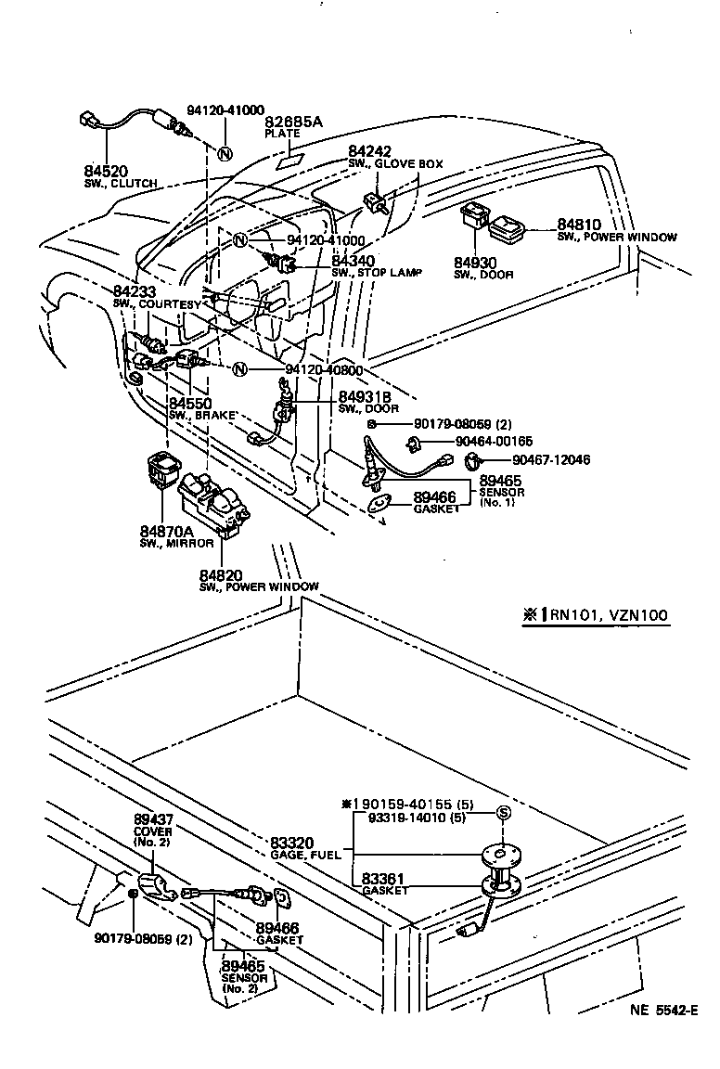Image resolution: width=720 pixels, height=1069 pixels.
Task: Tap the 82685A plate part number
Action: (293, 122)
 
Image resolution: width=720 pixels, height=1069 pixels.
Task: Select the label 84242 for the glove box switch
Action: (370, 151)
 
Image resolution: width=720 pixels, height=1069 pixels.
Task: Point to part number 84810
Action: (579, 225)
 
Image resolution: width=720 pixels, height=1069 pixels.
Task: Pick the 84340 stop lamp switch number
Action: (354, 263)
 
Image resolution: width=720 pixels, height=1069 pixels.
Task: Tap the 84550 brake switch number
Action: (191, 404)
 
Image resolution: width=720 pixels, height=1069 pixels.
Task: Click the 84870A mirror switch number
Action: (167, 531)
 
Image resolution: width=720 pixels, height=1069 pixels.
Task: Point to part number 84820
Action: (222, 575)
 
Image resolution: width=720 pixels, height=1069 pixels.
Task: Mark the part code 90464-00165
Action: (495, 442)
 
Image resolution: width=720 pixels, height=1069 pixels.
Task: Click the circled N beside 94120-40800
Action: (240, 370)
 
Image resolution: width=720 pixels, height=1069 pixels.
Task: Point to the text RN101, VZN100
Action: (603, 615)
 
